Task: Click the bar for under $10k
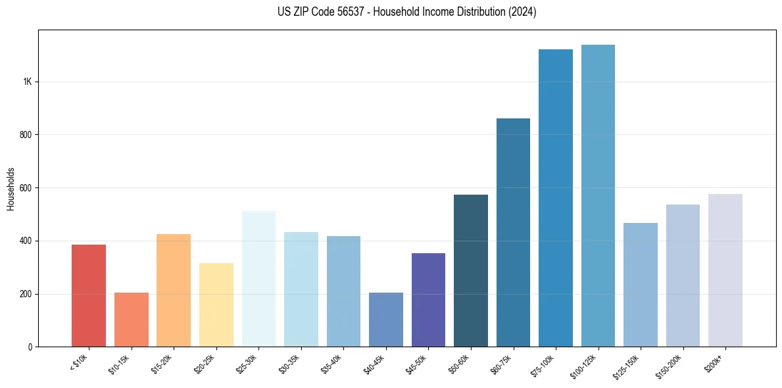pyautogui.click(x=89, y=296)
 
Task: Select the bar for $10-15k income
pyautogui.click(x=131, y=320)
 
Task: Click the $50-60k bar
pyautogui.click(x=471, y=270)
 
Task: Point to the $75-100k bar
pyautogui.click(x=556, y=198)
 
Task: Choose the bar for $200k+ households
pyautogui.click(x=725, y=270)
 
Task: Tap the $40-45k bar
pyautogui.click(x=386, y=320)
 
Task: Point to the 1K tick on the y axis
pyautogui.click(x=27, y=82)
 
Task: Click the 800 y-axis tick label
pyautogui.click(x=26, y=135)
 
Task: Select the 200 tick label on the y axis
pyautogui.click(x=26, y=294)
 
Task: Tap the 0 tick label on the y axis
pyautogui.click(x=30, y=347)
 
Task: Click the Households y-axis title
pyautogui.click(x=11, y=188)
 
